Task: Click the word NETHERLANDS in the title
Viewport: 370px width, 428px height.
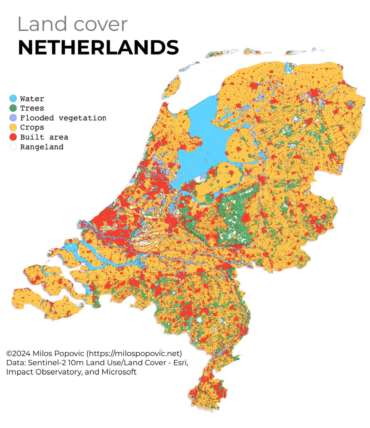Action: pyautogui.click(x=98, y=47)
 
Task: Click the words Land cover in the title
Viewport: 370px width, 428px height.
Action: pyautogui.click(x=72, y=24)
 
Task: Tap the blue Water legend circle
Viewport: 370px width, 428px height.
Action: pyautogui.click(x=13, y=98)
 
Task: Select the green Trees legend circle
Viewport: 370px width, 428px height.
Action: pyautogui.click(x=13, y=108)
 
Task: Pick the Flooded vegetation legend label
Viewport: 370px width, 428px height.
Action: pyautogui.click(x=63, y=118)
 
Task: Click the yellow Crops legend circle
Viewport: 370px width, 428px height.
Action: pyautogui.click(x=13, y=127)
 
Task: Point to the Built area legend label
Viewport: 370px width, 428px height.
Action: pyautogui.click(x=44, y=137)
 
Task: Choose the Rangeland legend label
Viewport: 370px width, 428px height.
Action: pyautogui.click(x=42, y=147)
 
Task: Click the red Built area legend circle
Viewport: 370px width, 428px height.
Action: pyautogui.click(x=13, y=137)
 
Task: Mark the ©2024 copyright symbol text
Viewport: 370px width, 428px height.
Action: pyautogui.click(x=16, y=353)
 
